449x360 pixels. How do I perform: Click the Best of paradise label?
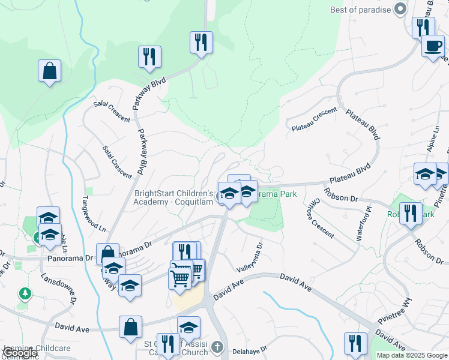[x=360, y=10]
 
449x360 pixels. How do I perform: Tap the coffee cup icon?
[x=432, y=46]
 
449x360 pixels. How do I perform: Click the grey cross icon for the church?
[x=217, y=347]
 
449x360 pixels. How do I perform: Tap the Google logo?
[x=20, y=353]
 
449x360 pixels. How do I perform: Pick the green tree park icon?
[x=25, y=293]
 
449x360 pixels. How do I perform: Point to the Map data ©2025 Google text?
[x=411, y=355]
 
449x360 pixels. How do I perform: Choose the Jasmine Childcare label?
[x=37, y=348]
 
